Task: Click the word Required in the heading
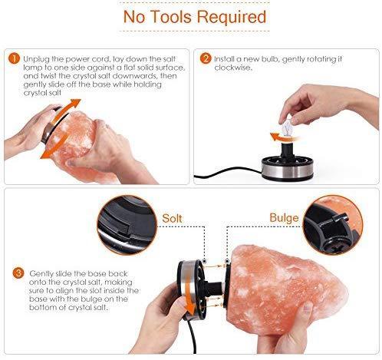click(232, 18)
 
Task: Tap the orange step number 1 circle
click(14, 58)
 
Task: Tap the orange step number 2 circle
click(206, 58)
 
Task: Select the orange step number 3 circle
click(18, 272)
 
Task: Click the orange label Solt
click(172, 218)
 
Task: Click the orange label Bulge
click(284, 218)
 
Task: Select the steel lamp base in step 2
click(288, 170)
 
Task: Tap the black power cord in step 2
click(228, 173)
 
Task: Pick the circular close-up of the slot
click(127, 225)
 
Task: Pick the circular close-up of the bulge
click(333, 225)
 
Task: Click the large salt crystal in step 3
click(285, 289)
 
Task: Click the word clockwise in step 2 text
click(232, 68)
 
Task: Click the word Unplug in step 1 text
click(36, 59)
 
